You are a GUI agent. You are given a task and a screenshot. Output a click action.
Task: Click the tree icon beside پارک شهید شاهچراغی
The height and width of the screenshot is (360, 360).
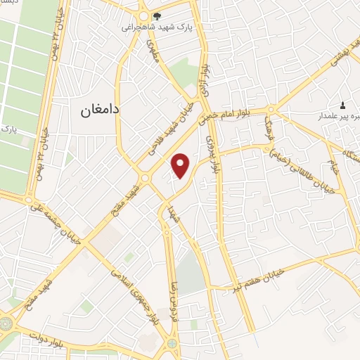pyautogui.click(x=157, y=16)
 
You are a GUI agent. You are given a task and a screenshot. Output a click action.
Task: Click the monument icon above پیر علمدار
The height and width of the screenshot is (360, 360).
pyautogui.click(x=342, y=104)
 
